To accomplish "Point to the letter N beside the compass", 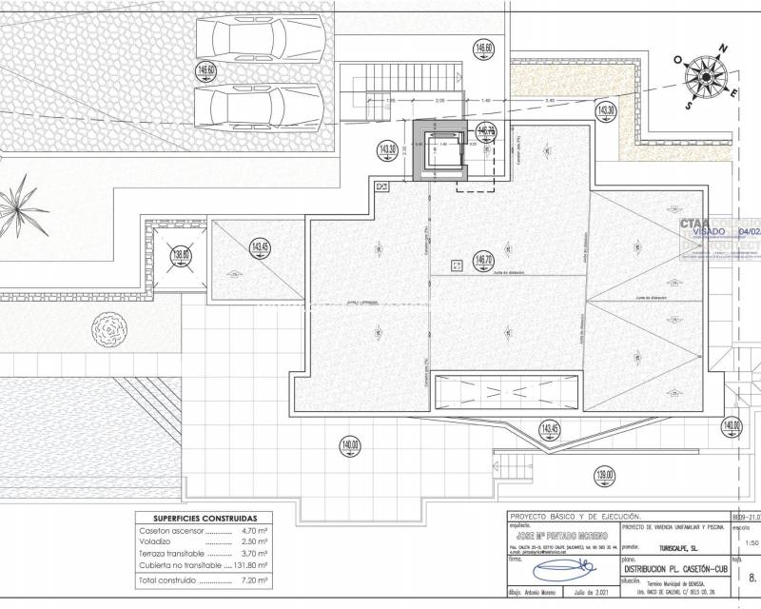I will [724, 47].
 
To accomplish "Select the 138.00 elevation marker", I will [181, 255].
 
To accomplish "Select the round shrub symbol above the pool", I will [107, 332].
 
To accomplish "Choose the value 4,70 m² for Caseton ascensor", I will [251, 532].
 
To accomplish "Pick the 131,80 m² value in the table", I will [251, 565].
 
